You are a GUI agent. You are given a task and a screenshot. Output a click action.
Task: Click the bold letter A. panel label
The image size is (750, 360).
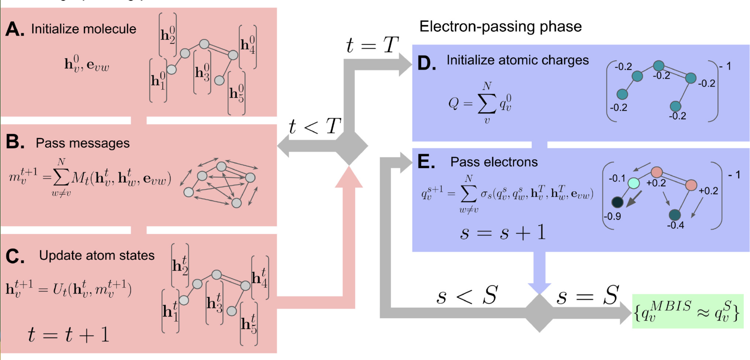click(x=14, y=29)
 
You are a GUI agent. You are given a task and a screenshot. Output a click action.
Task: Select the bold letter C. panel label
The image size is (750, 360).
click(x=14, y=256)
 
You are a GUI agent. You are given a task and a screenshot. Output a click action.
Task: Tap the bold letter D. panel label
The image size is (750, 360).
click(x=426, y=63)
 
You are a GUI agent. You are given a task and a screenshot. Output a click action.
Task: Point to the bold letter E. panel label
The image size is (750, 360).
click(x=426, y=162)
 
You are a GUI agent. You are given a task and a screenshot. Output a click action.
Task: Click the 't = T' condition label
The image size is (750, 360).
click(x=372, y=45)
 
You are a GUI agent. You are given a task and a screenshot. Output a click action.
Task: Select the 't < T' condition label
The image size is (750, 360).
click(x=314, y=126)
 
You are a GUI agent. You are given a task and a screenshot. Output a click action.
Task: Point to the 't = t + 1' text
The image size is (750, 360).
click(x=69, y=335)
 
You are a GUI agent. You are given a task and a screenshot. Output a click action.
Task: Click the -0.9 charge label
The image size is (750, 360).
click(x=612, y=216)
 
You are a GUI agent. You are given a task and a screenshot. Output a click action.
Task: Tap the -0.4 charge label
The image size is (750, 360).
click(x=675, y=225)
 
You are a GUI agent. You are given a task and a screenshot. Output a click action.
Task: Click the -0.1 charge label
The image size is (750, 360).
click(x=617, y=178)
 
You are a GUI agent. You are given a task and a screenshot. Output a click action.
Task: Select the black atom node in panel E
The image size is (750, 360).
click(x=617, y=202)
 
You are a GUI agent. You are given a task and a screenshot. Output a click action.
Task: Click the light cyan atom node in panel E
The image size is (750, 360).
click(x=634, y=183)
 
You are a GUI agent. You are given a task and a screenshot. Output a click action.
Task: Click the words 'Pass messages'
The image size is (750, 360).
click(x=83, y=143)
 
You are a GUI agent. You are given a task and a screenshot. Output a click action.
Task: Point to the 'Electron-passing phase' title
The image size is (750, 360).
click(x=500, y=27)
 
